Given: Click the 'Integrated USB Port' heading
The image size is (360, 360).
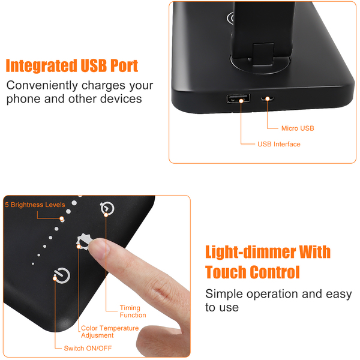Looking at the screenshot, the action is [71, 65].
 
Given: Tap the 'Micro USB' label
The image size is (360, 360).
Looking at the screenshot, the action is [298, 128].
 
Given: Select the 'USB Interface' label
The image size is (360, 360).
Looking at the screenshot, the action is [279, 144].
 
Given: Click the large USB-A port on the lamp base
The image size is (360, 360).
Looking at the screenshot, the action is [238, 98].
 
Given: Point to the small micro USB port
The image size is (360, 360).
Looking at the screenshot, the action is [268, 99].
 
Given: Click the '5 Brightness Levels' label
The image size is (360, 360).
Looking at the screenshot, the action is [35, 205].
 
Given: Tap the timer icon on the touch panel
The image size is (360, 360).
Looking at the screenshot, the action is [107, 208].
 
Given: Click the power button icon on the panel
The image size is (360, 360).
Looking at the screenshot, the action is [62, 275].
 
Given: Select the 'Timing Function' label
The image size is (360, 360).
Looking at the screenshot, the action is [133, 311].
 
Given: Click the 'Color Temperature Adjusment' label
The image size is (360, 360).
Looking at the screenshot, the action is [110, 332].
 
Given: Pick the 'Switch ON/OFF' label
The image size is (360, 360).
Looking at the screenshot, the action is [88, 348].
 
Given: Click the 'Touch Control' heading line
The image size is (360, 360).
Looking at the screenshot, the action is [253, 272].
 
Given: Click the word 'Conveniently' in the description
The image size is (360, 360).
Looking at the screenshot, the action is [42, 86].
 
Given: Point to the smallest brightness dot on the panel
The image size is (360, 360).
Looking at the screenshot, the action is [33, 264].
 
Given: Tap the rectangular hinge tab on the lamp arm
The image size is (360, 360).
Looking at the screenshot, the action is [263, 54].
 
